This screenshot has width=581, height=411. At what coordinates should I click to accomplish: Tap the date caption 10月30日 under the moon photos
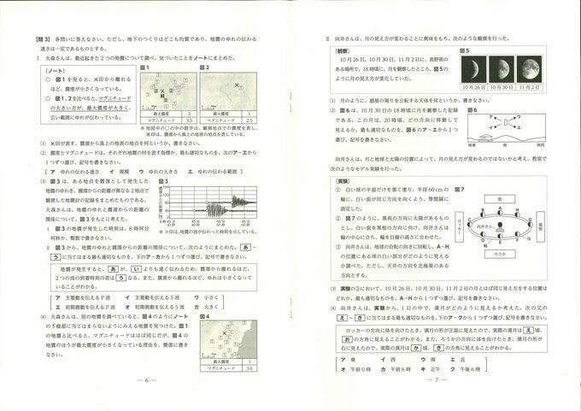(502, 87)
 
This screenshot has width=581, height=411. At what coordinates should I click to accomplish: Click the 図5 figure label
(466, 51)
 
